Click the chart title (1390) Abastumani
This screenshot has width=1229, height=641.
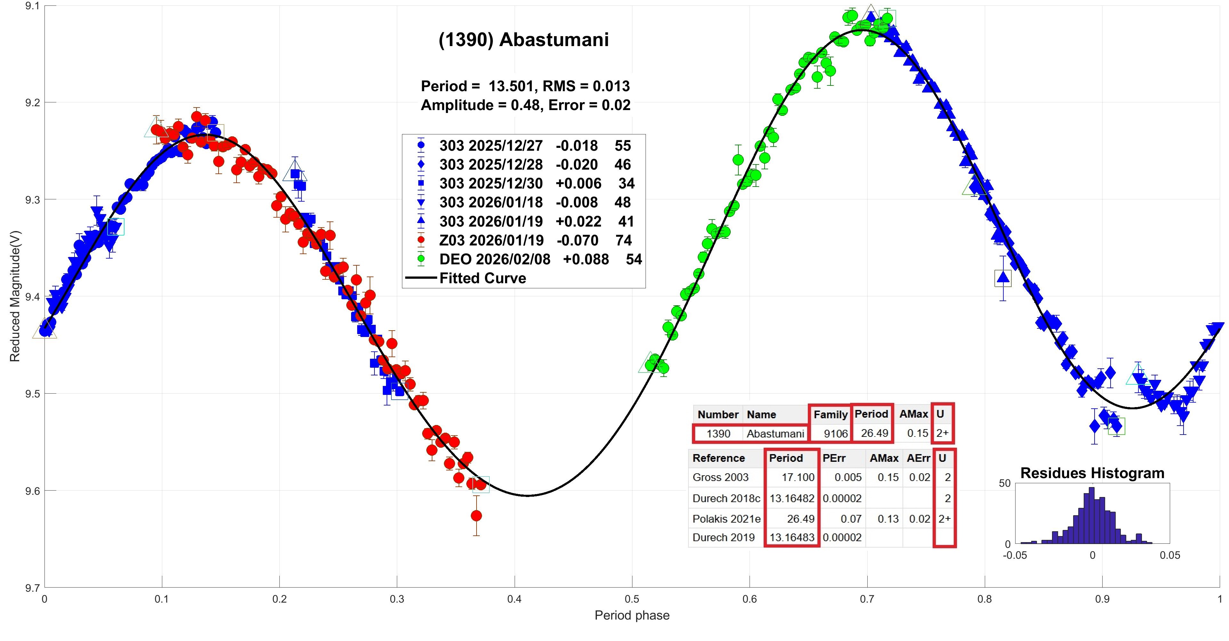(523, 40)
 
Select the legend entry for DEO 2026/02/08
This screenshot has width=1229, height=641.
(494, 260)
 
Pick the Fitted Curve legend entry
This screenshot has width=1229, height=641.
(482, 278)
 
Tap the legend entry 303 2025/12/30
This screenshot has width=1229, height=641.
(491, 184)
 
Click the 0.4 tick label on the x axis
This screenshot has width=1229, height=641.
(514, 599)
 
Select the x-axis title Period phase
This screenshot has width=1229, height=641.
(632, 616)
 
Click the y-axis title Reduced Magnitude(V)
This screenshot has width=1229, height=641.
(15, 297)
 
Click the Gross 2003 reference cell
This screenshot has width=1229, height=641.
(720, 477)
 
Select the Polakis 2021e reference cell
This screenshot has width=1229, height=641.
(726, 519)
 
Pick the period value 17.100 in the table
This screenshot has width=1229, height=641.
(798, 477)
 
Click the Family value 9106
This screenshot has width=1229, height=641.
(836, 434)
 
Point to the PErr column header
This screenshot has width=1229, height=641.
(834, 458)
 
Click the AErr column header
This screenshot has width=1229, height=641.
(919, 458)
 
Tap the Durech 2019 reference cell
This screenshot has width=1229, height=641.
(723, 538)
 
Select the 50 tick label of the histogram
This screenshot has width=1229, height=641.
(1004, 483)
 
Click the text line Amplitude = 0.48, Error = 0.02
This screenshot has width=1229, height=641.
(525, 105)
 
